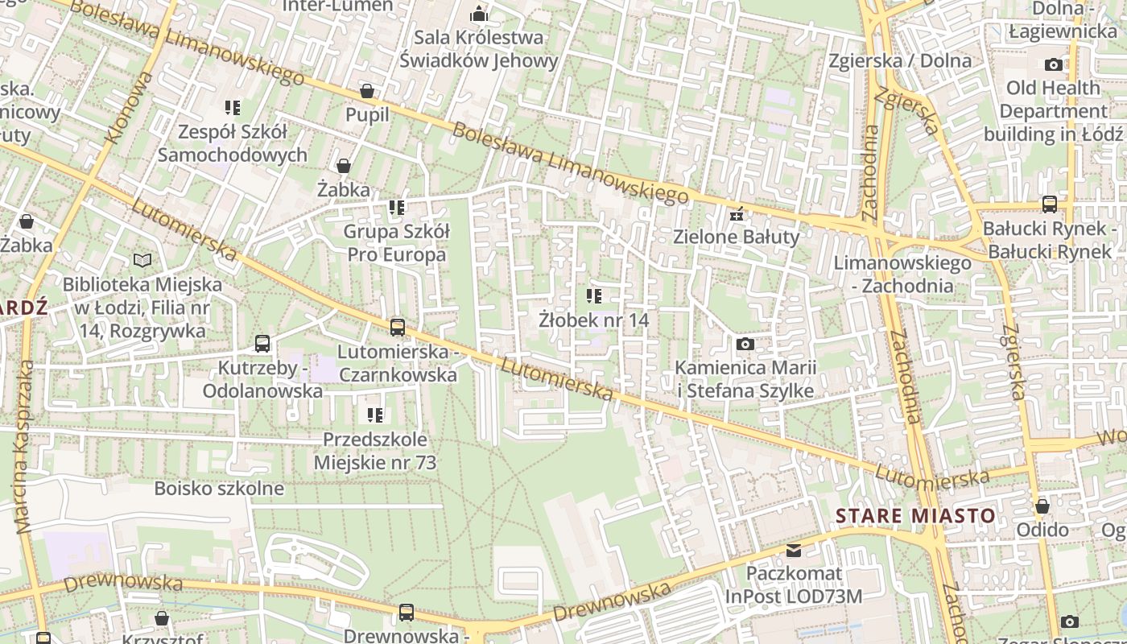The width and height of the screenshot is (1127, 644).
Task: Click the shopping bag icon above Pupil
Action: tap(367, 91)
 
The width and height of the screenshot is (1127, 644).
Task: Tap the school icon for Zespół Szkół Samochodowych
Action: tap(233, 108)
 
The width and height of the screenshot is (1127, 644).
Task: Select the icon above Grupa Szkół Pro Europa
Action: tap(396, 208)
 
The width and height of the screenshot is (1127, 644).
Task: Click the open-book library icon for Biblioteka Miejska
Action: tap(142, 260)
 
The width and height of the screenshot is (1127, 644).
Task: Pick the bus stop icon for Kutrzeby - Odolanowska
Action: tap(262, 344)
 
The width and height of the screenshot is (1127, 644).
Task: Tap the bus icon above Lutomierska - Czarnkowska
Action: tap(398, 328)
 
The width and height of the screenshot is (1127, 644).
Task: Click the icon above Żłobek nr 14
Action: tap(594, 296)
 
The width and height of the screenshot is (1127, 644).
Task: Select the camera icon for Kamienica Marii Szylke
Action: tap(745, 344)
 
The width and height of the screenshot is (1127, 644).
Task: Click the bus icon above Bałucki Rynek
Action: tap(1050, 204)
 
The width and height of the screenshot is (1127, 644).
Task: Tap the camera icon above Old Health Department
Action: tap(1053, 64)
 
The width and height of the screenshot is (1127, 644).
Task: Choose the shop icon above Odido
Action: tap(1042, 506)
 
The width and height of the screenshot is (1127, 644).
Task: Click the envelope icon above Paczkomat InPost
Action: tap(794, 551)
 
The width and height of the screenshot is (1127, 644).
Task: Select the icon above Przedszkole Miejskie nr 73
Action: tap(375, 415)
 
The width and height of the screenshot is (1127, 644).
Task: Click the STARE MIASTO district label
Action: tap(915, 515)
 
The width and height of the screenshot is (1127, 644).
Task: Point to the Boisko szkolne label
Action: tap(219, 488)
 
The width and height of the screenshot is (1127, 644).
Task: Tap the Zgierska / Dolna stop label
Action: tap(900, 60)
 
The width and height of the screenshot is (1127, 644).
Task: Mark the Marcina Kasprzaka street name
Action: tap(24, 447)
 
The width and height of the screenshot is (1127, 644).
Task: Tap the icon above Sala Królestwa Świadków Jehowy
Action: tap(479, 14)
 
